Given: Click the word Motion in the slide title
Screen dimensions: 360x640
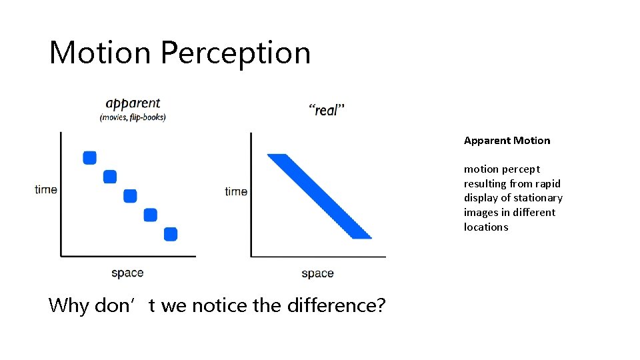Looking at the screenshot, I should click(x=100, y=53).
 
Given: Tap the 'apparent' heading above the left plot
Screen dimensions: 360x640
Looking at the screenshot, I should click(x=133, y=103).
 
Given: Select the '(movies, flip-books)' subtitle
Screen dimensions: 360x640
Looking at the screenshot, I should click(x=133, y=117).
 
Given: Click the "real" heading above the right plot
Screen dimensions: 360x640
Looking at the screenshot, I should click(x=327, y=109).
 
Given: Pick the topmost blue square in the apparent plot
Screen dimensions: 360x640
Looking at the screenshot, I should click(x=90, y=157).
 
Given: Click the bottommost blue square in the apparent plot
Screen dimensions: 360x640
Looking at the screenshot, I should click(x=171, y=234).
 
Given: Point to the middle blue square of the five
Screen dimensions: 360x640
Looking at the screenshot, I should click(x=130, y=195).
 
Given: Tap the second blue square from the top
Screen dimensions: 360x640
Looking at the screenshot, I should click(x=110, y=177).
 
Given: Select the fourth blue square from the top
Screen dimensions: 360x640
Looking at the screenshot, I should click(x=151, y=215).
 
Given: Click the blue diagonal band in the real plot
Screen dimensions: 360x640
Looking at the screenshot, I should click(x=319, y=196).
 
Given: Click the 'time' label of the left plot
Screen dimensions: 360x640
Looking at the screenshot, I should click(x=46, y=189).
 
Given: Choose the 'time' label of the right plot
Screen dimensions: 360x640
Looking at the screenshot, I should click(x=236, y=191).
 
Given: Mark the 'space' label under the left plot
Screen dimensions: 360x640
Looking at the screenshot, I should click(x=127, y=273).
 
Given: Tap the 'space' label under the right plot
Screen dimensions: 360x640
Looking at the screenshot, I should click(x=317, y=273).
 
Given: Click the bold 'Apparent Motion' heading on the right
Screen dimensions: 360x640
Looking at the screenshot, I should click(x=507, y=141).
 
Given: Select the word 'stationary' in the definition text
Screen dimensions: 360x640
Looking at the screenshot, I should click(x=538, y=198).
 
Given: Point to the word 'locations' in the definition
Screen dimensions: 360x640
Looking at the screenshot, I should click(x=486, y=227).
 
